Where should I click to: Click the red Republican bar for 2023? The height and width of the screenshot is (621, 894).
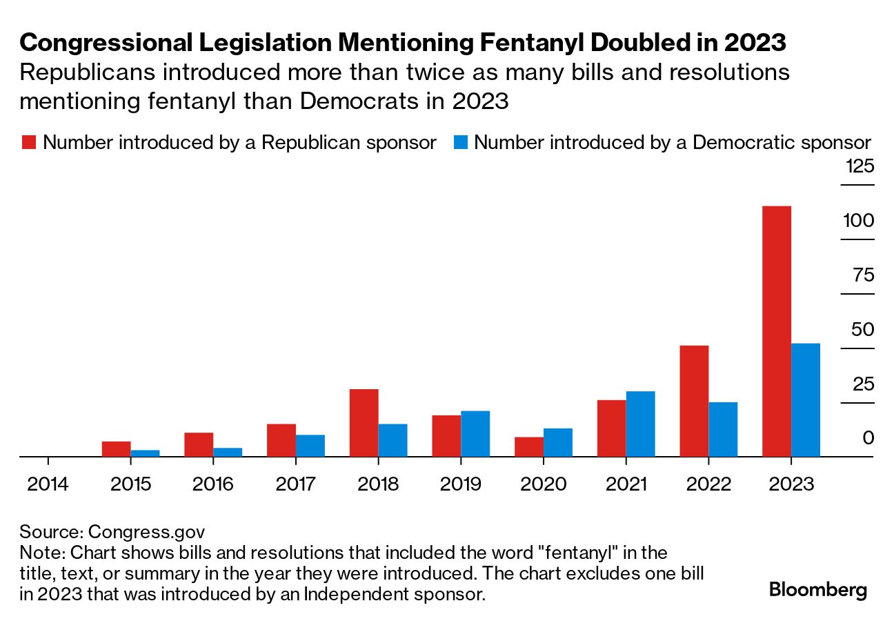click(x=776, y=331)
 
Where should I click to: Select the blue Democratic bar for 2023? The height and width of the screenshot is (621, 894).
click(x=806, y=400)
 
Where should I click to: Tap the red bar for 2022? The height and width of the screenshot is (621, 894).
click(x=694, y=401)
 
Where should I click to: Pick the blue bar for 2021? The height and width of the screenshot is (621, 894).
click(x=641, y=424)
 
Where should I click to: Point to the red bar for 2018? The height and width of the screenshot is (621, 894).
click(x=364, y=423)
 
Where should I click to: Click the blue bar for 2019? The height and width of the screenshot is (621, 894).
click(x=475, y=434)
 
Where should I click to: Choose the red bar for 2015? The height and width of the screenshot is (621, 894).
click(x=116, y=449)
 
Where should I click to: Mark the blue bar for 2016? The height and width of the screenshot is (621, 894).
click(x=228, y=452)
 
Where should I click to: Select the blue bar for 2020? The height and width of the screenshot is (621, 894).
click(x=558, y=442)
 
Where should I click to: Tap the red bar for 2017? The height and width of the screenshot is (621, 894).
click(x=281, y=440)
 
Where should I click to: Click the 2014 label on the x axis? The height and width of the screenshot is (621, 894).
click(x=48, y=484)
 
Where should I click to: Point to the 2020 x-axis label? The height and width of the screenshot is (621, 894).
click(x=543, y=484)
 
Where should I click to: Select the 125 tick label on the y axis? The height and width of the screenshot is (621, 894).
click(x=860, y=166)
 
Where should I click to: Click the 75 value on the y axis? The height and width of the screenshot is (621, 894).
click(x=864, y=275)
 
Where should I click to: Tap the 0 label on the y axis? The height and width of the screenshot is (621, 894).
click(x=868, y=438)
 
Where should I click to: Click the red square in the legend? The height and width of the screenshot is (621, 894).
click(x=29, y=142)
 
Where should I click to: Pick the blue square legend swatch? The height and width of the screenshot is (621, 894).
click(x=461, y=142)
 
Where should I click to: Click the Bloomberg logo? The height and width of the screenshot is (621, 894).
click(x=817, y=590)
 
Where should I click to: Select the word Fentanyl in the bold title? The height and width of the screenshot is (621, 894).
click(x=532, y=42)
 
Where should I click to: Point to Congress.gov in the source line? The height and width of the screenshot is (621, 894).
click(x=146, y=533)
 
